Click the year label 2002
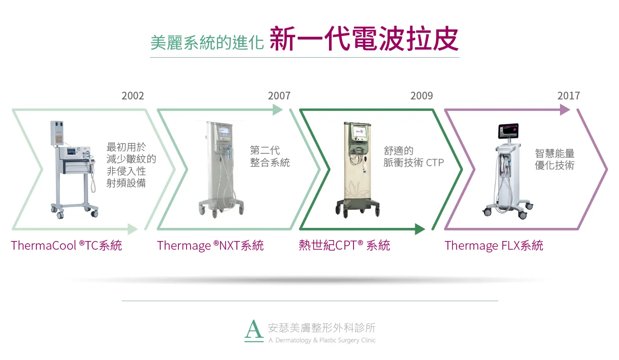click(133, 96)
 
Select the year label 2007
click(279, 96)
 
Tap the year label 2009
click(422, 96)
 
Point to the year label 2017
click(569, 96)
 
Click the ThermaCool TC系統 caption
click(66, 245)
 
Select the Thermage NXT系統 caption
click(210, 245)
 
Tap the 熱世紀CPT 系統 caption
click(344, 245)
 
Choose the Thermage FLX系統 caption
click(494, 245)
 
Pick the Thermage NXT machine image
click(221, 169)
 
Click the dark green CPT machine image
click(358, 169)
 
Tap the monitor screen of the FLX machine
click(508, 131)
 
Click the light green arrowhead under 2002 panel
click(133, 229)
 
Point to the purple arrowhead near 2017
click(565, 110)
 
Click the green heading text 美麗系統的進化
click(207, 43)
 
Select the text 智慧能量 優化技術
click(555, 159)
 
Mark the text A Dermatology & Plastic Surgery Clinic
click(322, 340)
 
